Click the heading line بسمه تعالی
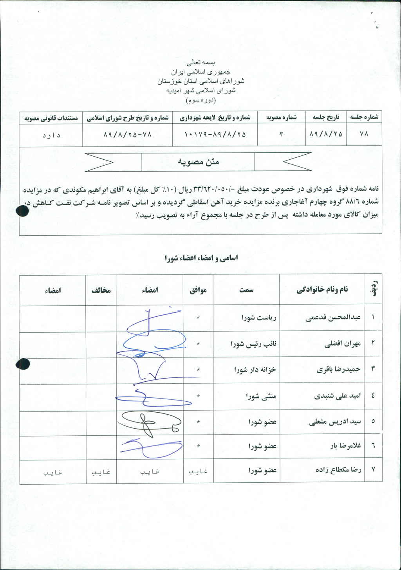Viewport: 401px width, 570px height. (200, 63)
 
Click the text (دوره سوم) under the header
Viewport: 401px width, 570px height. (200, 100)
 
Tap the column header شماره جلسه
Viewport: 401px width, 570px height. (364, 117)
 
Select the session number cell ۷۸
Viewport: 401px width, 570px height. (364, 134)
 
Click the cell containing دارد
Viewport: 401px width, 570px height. (51, 135)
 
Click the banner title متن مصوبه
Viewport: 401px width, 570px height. (198, 162)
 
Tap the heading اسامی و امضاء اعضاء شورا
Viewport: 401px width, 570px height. (201, 258)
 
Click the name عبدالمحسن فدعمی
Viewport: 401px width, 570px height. (333, 317)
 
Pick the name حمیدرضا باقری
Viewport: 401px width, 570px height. (338, 369)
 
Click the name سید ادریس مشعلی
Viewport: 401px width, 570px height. (335, 422)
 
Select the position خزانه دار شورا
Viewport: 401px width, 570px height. (255, 369)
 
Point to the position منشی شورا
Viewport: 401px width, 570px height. (261, 396)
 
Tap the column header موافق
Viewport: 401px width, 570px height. (198, 290)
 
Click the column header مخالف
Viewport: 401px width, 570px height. (101, 290)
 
